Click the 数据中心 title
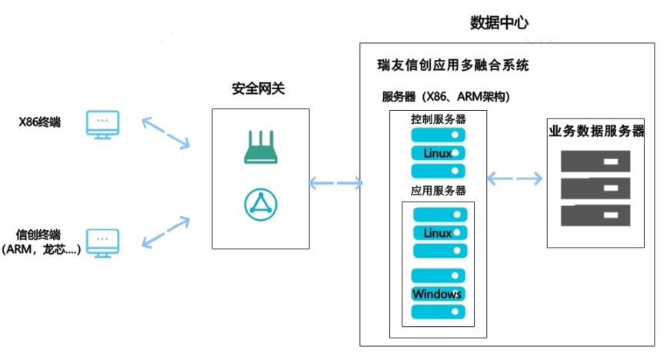pyautogui.click(x=499, y=22)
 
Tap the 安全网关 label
pyautogui.click(x=258, y=88)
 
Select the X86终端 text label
pyautogui.click(x=40, y=122)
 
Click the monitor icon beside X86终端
pyautogui.click(x=102, y=125)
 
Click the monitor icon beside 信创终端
pyautogui.click(x=102, y=241)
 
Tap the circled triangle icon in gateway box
pyautogui.click(x=260, y=202)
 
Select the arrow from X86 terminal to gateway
pyautogui.click(x=165, y=132)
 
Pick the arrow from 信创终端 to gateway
pyautogui.click(x=165, y=233)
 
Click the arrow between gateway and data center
pyautogui.click(x=335, y=183)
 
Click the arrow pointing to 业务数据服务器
pyautogui.click(x=515, y=178)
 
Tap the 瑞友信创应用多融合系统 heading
pyautogui.click(x=453, y=66)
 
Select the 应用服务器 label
pyautogui.click(x=439, y=190)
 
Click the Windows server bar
pyautogui.click(x=439, y=294)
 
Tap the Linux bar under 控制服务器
pyautogui.click(x=439, y=152)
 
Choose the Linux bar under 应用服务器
pyautogui.click(x=439, y=232)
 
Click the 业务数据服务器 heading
pyautogui.click(x=595, y=130)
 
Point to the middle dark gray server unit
pyautogui.click(x=595, y=188)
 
